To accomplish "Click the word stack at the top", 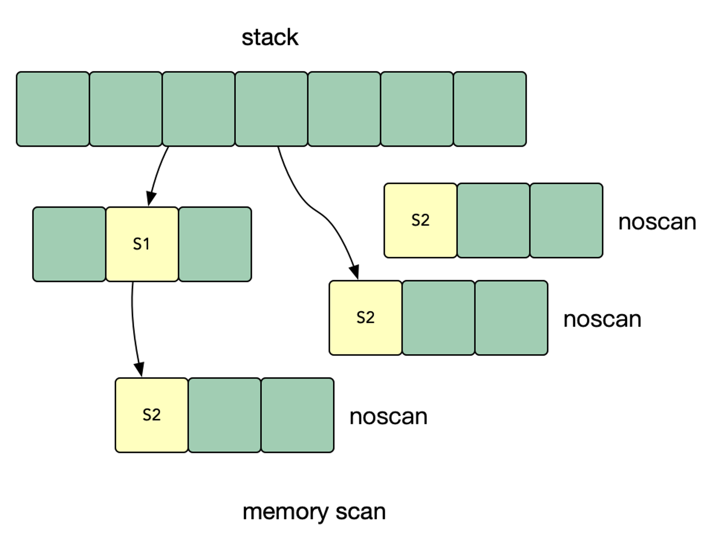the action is [x=270, y=38].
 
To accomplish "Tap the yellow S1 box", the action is [x=142, y=244].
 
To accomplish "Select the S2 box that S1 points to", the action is [x=152, y=415].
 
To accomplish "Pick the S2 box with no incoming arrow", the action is [x=421, y=220].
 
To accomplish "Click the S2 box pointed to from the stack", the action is [x=365, y=317].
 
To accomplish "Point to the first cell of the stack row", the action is [x=53, y=109].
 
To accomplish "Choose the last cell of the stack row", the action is [x=490, y=109].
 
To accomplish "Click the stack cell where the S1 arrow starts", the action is [x=199, y=109].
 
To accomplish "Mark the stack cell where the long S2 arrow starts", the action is [x=272, y=109].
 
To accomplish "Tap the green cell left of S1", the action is [x=69, y=244].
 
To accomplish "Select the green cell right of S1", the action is [x=215, y=244].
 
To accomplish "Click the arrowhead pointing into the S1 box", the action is [x=151, y=198].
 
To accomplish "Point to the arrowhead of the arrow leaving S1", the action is [x=140, y=370].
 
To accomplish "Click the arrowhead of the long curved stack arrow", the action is [x=355, y=272].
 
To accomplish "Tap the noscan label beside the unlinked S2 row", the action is [x=657, y=222].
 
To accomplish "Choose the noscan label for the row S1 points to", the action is [x=389, y=417].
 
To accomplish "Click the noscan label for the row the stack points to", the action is [x=602, y=319].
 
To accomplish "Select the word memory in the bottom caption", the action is [x=285, y=512].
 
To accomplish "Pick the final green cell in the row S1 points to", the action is [x=298, y=415].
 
